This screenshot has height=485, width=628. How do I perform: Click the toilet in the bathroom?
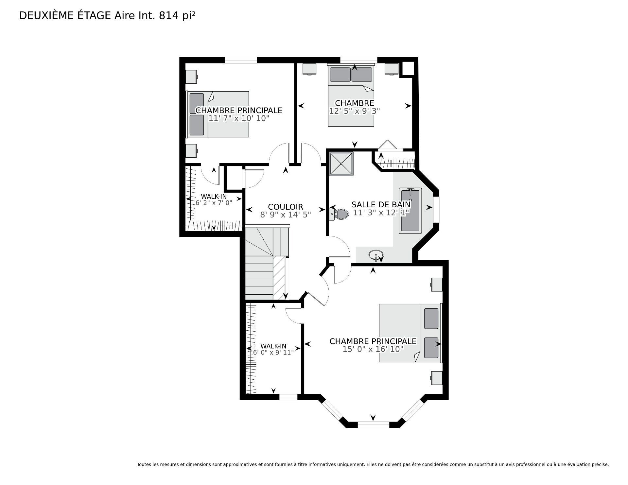(x=340, y=214)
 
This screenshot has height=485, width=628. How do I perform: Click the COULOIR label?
(x=285, y=207)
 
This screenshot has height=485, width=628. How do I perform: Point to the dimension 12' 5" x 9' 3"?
(x=354, y=111)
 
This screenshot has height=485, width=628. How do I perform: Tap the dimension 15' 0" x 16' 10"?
(x=373, y=349)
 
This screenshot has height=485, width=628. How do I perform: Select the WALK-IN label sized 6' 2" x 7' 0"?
(x=214, y=197)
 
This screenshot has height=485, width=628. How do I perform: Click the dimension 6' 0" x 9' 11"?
(x=273, y=352)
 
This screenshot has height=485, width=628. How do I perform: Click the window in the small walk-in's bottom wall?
(x=288, y=397)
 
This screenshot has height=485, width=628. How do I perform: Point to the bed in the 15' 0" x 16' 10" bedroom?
(x=410, y=333)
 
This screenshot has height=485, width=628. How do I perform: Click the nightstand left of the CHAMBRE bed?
(x=309, y=69)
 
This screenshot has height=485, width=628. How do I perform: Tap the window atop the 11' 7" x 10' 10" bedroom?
(x=241, y=60)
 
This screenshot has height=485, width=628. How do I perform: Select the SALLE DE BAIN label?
(x=381, y=205)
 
